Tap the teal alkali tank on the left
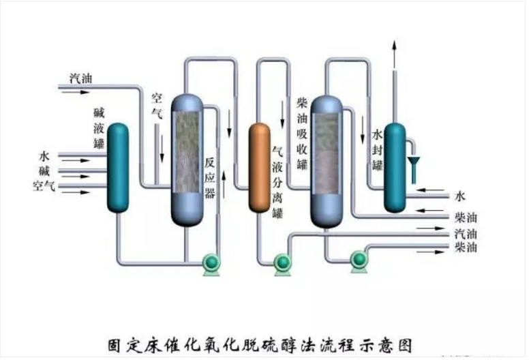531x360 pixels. click(118, 167)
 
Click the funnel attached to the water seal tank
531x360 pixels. click(414, 164)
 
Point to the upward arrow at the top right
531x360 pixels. click(394, 55)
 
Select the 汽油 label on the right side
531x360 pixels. click(464, 233)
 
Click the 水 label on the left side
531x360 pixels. click(44, 156)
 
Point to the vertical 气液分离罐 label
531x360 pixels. click(278, 181)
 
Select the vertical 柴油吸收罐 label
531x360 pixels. click(303, 133)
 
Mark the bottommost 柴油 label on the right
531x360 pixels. click(464, 247)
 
